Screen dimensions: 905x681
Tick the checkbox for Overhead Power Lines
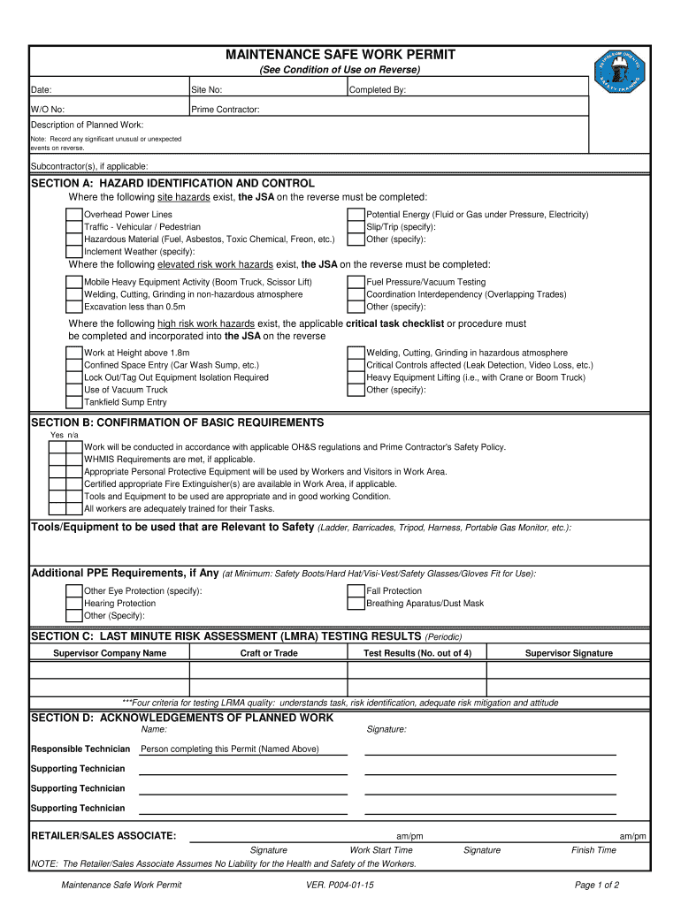(x=75, y=215)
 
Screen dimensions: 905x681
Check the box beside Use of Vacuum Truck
(x=75, y=390)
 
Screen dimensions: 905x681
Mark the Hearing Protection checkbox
(x=75, y=604)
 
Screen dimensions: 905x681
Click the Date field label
(x=42, y=90)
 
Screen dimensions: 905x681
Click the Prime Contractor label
(x=226, y=110)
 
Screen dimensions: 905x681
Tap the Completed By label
(x=378, y=90)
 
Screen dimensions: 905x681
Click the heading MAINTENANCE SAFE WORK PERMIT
(x=340, y=55)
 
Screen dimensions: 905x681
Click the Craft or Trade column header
(x=269, y=653)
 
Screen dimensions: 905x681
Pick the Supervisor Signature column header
(x=569, y=653)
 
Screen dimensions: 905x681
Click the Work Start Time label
(x=381, y=850)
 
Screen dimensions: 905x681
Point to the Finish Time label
(x=593, y=850)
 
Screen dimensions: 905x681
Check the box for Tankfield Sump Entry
(x=75, y=402)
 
